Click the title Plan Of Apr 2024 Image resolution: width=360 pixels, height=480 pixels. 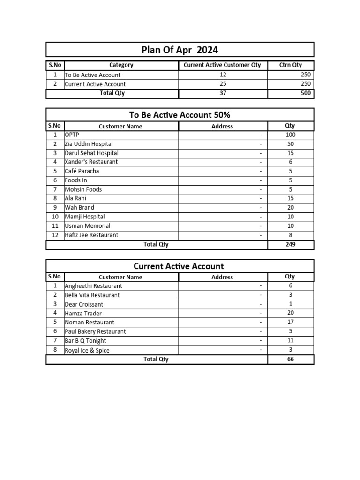[180, 50]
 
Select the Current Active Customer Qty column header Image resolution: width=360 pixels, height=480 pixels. [222, 65]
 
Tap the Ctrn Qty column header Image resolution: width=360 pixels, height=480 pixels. [291, 65]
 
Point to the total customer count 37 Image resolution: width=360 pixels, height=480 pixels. [223, 93]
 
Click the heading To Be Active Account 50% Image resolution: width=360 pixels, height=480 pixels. [180, 115]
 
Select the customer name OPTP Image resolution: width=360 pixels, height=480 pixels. [72, 135]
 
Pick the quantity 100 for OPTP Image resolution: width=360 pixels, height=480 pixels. [291, 135]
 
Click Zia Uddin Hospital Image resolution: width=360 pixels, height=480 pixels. [89, 144]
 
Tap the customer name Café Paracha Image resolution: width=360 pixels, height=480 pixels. [82, 171]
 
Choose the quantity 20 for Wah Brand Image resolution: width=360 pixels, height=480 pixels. [291, 207]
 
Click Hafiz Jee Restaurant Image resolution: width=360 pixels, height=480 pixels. [91, 235]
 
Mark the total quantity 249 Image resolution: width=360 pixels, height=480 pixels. [291, 244]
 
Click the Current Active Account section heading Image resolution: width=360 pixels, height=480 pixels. [179, 266]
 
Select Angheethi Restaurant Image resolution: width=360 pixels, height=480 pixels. [93, 286]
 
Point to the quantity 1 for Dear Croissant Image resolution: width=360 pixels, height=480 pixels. [291, 304]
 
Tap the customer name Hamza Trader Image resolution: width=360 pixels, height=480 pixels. [83, 313]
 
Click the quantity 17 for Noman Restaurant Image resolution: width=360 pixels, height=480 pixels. [291, 322]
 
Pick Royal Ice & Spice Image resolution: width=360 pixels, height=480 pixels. [87, 350]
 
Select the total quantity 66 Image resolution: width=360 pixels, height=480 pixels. [291, 360]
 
